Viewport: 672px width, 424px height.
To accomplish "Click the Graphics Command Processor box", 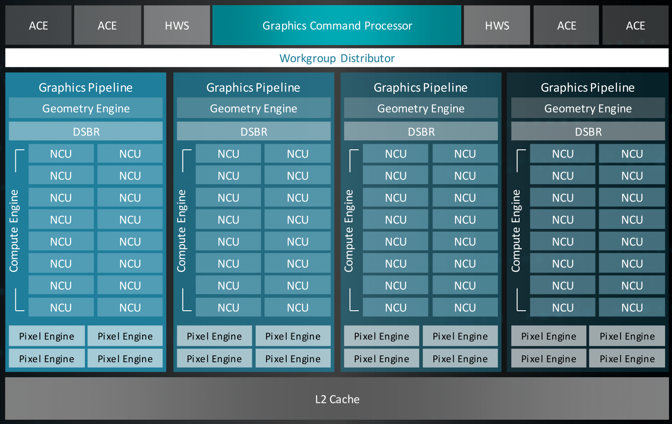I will click(337, 26).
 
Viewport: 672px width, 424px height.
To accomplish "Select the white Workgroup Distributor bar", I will click(337, 58).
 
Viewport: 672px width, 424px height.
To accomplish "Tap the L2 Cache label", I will click(337, 399).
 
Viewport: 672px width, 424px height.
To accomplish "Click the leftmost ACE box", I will click(38, 26).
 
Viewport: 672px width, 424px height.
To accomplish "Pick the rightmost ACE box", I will click(635, 26).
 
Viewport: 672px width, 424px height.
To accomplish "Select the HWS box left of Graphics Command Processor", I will click(177, 26).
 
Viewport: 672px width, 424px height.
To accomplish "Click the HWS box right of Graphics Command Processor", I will click(497, 26).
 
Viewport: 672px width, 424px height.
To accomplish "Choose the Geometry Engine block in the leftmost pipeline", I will click(86, 109).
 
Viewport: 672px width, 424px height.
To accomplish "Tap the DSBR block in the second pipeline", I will click(254, 131).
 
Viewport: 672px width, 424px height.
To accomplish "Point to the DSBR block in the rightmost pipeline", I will click(588, 131).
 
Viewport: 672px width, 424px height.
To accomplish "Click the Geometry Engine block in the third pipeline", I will click(421, 109).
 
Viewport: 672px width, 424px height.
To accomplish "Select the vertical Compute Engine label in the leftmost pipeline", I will click(14, 230).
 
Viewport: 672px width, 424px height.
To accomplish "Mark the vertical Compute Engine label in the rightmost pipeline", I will click(516, 230).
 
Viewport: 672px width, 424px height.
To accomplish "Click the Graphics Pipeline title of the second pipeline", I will click(253, 88).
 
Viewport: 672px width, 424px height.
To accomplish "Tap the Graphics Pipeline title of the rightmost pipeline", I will click(587, 88).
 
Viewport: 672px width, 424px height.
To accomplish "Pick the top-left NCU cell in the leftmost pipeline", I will click(61, 154).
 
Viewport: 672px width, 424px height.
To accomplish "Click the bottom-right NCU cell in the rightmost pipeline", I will click(632, 307).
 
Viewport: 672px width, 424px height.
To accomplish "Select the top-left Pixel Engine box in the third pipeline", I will click(381, 336).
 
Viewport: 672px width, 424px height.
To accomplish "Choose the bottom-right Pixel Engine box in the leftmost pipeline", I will click(125, 358).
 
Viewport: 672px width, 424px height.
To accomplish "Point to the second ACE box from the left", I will click(107, 26).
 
